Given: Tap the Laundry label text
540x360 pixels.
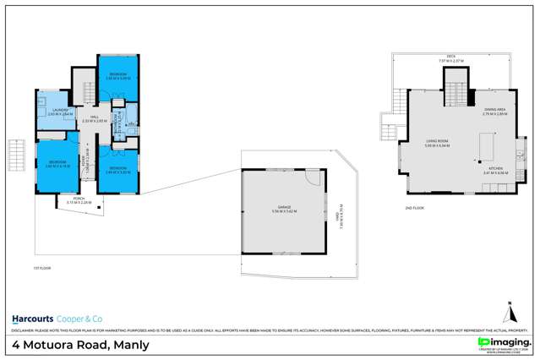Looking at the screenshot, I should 60,110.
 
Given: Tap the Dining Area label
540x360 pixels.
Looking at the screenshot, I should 495,111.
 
